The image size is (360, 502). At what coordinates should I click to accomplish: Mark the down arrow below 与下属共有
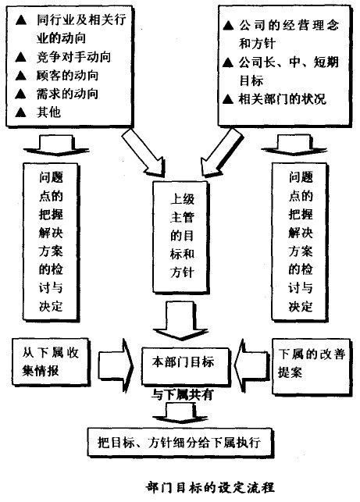pyautogui.click(x=180, y=411)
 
